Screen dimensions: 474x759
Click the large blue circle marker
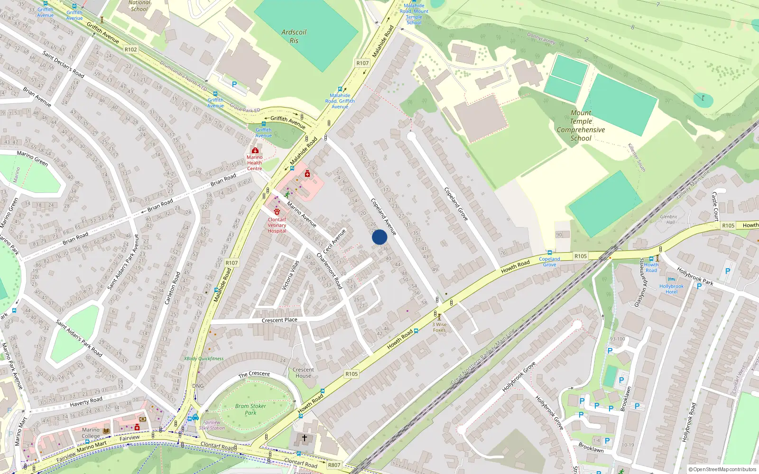pyautogui.click(x=379, y=237)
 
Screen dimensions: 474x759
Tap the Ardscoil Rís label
pyautogui.click(x=294, y=36)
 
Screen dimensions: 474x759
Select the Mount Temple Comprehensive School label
pyautogui.click(x=581, y=126)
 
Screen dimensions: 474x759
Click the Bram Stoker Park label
pyautogui.click(x=250, y=410)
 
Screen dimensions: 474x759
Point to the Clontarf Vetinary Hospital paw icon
pyautogui.click(x=277, y=211)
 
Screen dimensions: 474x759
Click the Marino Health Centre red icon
pyautogui.click(x=255, y=150)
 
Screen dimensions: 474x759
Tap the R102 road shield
pyautogui.click(x=130, y=49)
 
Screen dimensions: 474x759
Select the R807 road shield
pyautogui.click(x=334, y=465)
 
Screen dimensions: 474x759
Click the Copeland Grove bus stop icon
pyautogui.click(x=549, y=253)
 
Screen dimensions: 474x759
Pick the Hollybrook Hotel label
pyautogui.click(x=671, y=289)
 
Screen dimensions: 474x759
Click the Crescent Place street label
pyautogui.click(x=279, y=320)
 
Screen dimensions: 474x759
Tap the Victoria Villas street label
pyautogui.click(x=290, y=275)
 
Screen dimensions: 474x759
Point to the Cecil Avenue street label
pyautogui.click(x=334, y=241)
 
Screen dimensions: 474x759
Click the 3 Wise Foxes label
pyautogui.click(x=439, y=327)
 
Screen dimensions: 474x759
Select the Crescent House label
pyautogui.click(x=303, y=373)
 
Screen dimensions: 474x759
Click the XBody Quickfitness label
pyautogui.click(x=204, y=359)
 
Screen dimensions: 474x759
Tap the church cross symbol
pyautogui.click(x=305, y=438)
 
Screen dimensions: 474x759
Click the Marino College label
pyautogui.click(x=91, y=433)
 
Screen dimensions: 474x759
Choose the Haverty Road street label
pyautogui.click(x=86, y=402)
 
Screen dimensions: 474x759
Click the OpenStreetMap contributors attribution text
pyautogui.click(x=722, y=469)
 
